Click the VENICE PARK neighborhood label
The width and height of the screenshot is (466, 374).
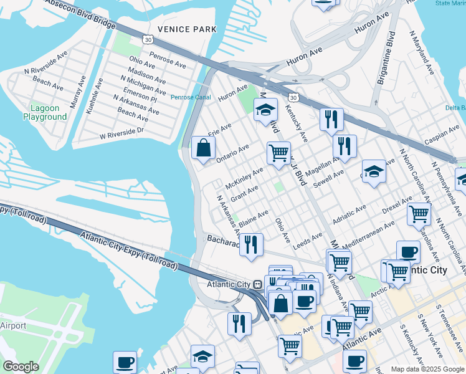pos(187,29)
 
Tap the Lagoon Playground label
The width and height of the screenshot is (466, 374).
pos(45,112)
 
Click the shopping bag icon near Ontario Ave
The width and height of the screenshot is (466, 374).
pos(203,148)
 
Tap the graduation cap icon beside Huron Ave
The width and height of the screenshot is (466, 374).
pos(265,110)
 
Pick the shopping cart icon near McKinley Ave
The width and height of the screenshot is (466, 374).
pos(278,151)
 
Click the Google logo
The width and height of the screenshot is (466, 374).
pos(21,367)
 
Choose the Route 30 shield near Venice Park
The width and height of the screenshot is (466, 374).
pos(147,39)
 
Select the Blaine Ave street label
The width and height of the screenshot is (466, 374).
pos(253,218)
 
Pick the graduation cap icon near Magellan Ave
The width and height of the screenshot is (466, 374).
pos(374,171)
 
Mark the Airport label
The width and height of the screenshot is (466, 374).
pos(13,325)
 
